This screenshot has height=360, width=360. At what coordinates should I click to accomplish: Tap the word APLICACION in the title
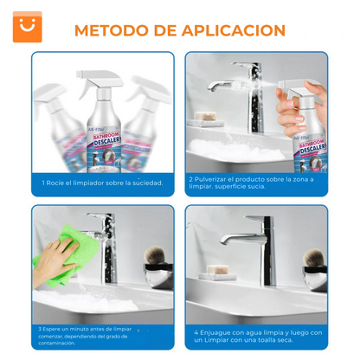(x=235, y=30)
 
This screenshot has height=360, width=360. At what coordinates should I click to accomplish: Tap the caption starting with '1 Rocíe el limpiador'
(x=102, y=183)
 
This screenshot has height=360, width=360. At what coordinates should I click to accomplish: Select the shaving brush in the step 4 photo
(x=313, y=260)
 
